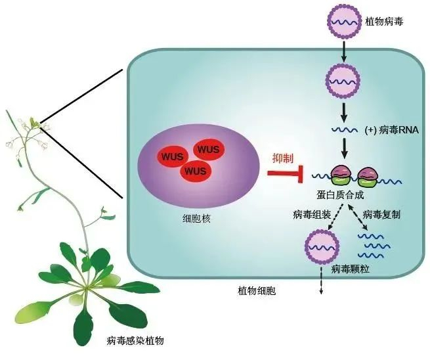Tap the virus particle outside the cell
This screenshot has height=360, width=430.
pyautogui.click(x=343, y=21)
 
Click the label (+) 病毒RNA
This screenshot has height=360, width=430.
pyautogui.click(x=391, y=130)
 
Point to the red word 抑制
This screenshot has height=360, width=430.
pyautogui.click(x=282, y=158)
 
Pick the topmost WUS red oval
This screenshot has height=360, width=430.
pyautogui.click(x=207, y=150)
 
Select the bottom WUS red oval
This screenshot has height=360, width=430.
pyautogui.click(x=195, y=171)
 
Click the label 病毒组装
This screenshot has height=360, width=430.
pyautogui.click(x=312, y=214)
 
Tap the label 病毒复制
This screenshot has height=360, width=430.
pyautogui.click(x=381, y=214)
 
